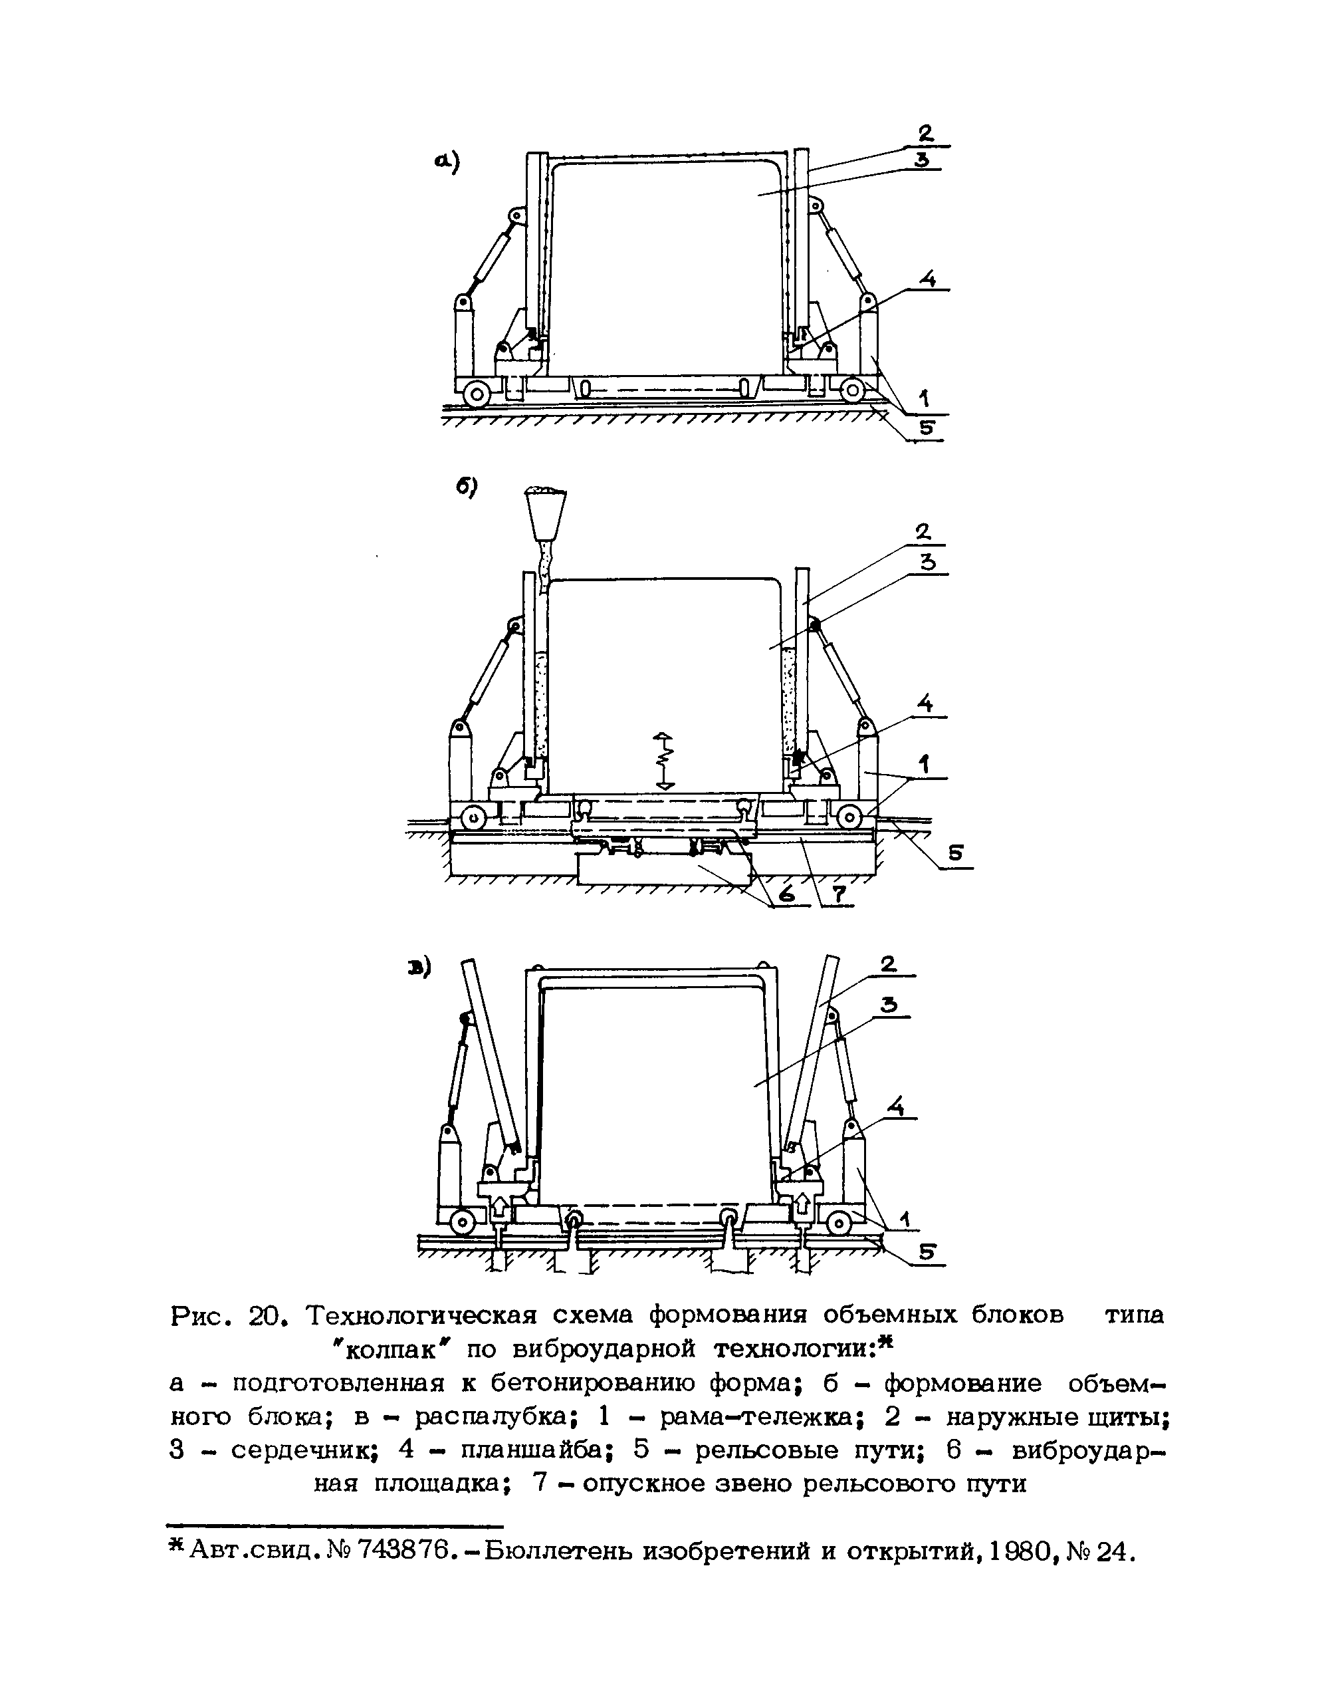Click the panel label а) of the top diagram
pyautogui.click(x=447, y=162)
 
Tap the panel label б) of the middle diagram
pyautogui.click(x=467, y=487)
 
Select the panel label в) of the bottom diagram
pyautogui.click(x=419, y=970)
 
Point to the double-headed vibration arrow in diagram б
pyautogui.click(x=663, y=760)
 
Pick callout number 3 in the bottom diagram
pyautogui.click(x=889, y=1005)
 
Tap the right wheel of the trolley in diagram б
pyautogui.click(x=849, y=818)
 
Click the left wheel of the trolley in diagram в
pyautogui.click(x=463, y=1222)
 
